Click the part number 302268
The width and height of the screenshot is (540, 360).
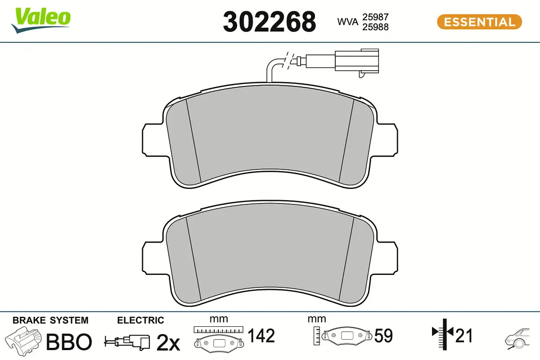[x=269, y=22]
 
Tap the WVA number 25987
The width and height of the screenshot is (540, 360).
[x=375, y=17]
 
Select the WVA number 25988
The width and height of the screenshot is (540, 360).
[x=375, y=27]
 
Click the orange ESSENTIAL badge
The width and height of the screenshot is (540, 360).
[x=479, y=22]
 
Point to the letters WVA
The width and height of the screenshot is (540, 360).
[x=348, y=22]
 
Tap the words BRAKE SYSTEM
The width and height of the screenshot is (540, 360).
[x=50, y=320]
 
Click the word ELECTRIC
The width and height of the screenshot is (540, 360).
[x=140, y=320]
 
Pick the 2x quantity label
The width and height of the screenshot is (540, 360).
[x=168, y=343]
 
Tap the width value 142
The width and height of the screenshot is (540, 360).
[x=261, y=336]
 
